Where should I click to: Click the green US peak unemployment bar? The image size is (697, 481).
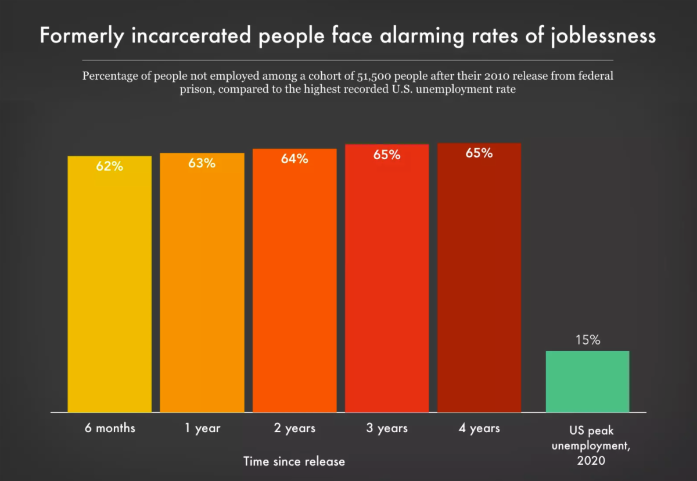pyautogui.click(x=587, y=381)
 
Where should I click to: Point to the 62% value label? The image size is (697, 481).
pyautogui.click(x=109, y=166)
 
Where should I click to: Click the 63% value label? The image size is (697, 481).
pyautogui.click(x=202, y=163)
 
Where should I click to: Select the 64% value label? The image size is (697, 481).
pyautogui.click(x=294, y=159)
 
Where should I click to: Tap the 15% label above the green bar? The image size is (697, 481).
pyautogui.click(x=588, y=340)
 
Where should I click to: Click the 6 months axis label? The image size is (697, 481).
pyautogui.click(x=109, y=429)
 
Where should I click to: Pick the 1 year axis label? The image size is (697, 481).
pyautogui.click(x=202, y=429)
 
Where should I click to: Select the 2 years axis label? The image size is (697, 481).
pyautogui.click(x=294, y=429)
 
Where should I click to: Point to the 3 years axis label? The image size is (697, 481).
pyautogui.click(x=387, y=429)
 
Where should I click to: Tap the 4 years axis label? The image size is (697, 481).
pyautogui.click(x=479, y=429)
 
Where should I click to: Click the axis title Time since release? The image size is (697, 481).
pyautogui.click(x=294, y=462)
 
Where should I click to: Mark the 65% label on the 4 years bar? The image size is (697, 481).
pyautogui.click(x=479, y=153)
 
